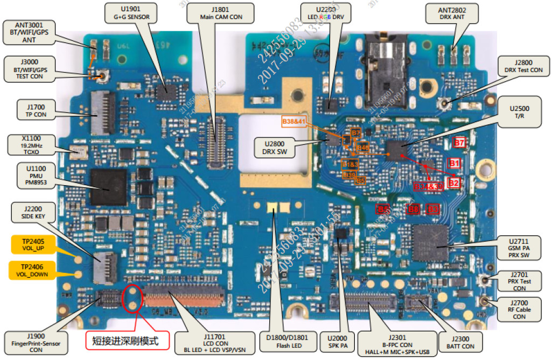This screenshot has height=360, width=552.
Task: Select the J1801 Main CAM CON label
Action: coord(221,13)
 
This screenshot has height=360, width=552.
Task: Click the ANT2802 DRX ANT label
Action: coord(452,13)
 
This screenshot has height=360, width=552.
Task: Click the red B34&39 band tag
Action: coord(428,186)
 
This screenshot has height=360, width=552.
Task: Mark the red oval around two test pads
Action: coord(132,298)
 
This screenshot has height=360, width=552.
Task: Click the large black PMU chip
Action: coord(108,187)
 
